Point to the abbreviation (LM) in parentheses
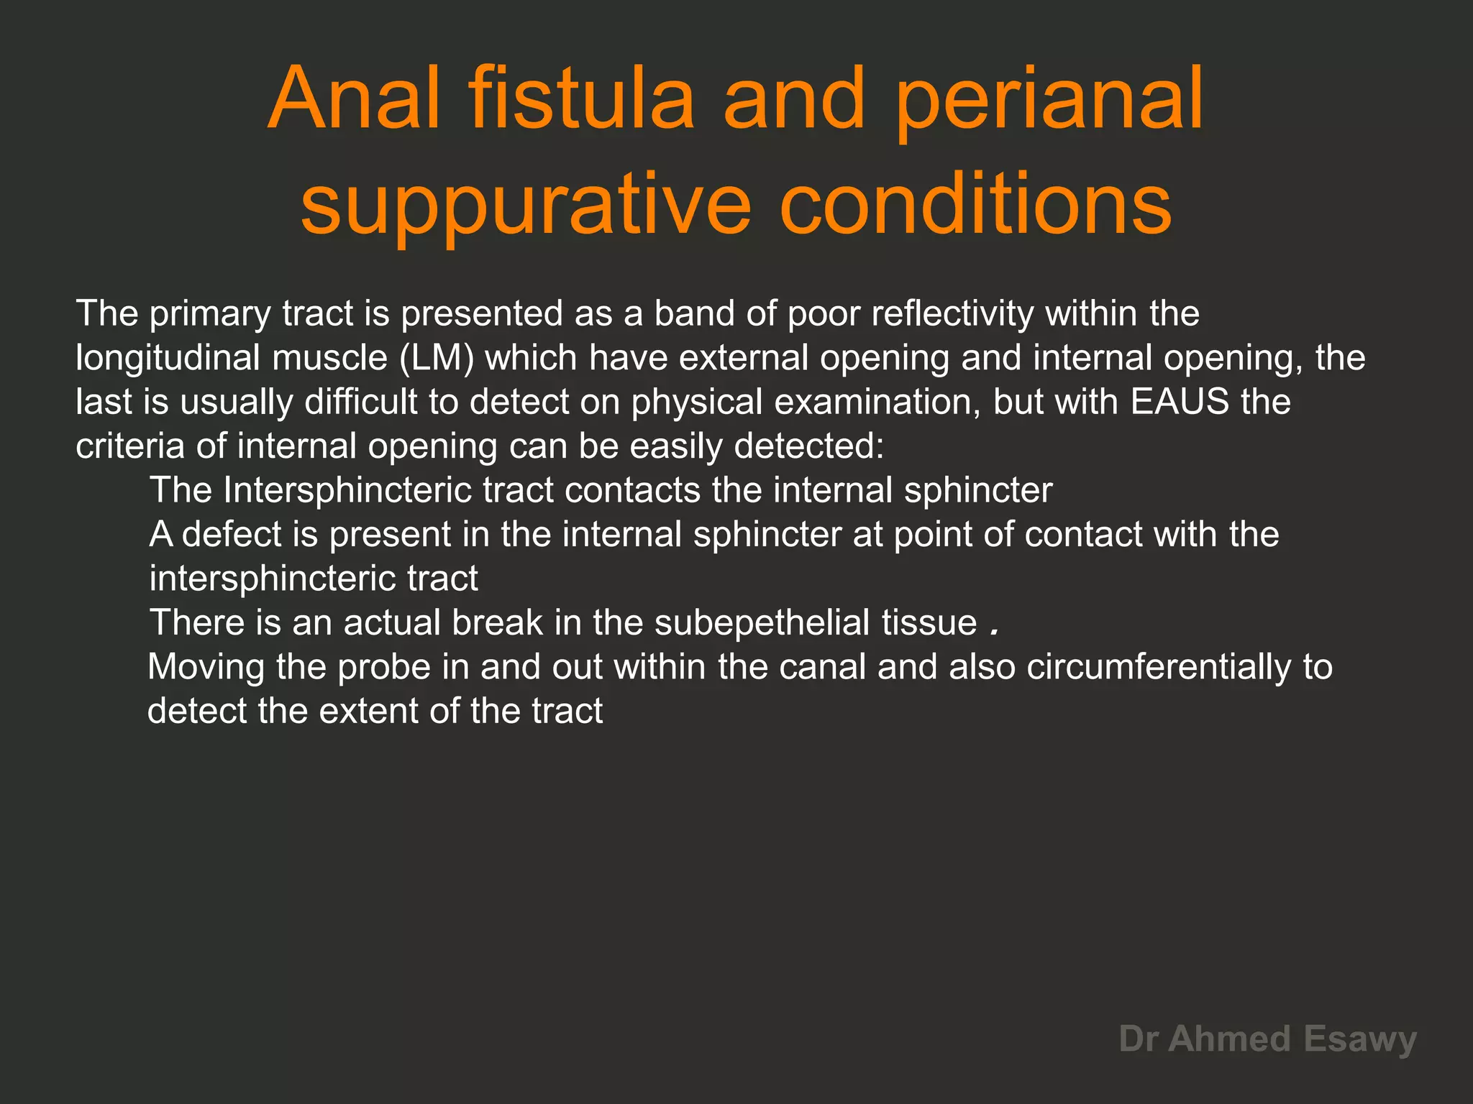(437, 358)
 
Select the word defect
(232, 535)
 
